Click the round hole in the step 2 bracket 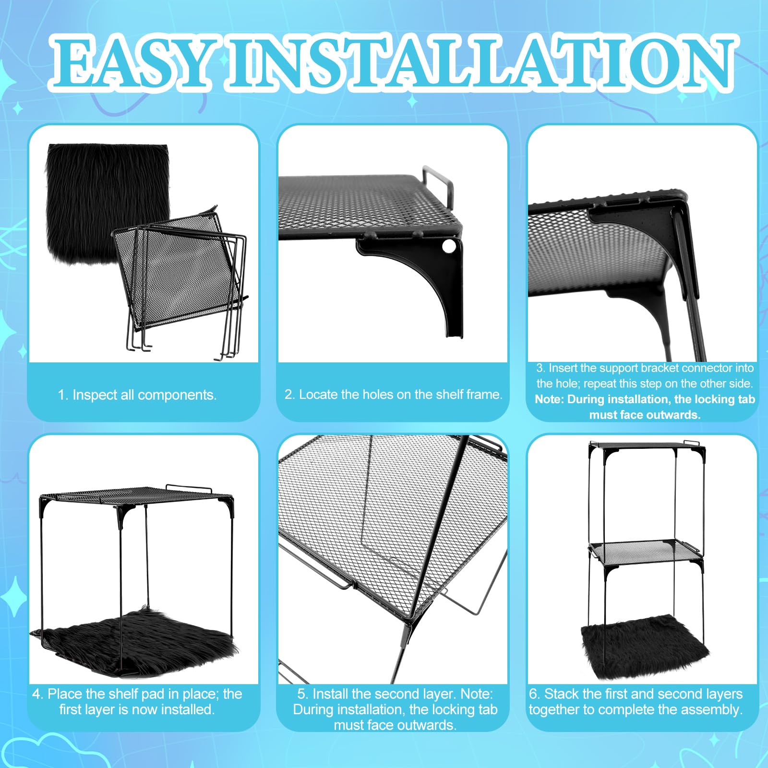[x=448, y=247]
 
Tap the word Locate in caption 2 [x=318, y=395]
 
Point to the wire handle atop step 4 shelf [x=189, y=488]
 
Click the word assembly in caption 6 [x=714, y=710]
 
